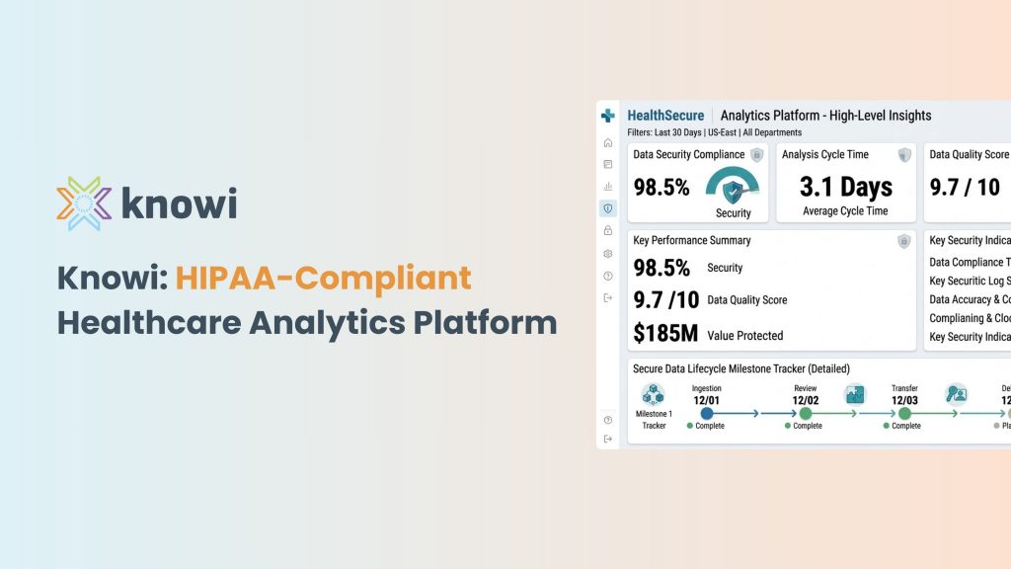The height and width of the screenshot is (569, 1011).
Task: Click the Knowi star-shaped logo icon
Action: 83,203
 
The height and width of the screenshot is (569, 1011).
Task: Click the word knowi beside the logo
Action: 179,203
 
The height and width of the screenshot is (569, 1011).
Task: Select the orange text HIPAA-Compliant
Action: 323,279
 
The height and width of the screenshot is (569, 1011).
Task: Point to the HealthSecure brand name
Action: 664,116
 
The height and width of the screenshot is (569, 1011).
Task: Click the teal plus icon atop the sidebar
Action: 608,116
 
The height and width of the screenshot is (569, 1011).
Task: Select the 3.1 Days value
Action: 845,187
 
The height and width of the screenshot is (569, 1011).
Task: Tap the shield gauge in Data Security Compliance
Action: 733,188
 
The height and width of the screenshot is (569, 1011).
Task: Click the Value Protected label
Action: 745,336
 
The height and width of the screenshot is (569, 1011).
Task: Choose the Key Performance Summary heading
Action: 692,240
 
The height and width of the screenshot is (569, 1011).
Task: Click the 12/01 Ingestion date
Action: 707,400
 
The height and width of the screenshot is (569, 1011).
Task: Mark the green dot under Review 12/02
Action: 806,414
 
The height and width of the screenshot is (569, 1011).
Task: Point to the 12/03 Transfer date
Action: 904,400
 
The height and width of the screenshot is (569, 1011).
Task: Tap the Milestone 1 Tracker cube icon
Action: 652,393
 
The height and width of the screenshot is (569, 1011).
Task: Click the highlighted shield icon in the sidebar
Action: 608,208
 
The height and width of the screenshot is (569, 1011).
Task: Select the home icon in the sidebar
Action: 608,142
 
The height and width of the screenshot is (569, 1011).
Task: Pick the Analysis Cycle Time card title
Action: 825,155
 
